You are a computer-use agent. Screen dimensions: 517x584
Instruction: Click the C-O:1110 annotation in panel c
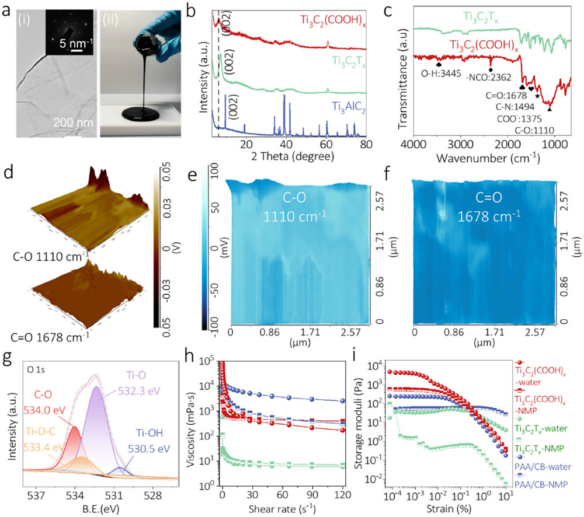[x=533, y=130]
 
